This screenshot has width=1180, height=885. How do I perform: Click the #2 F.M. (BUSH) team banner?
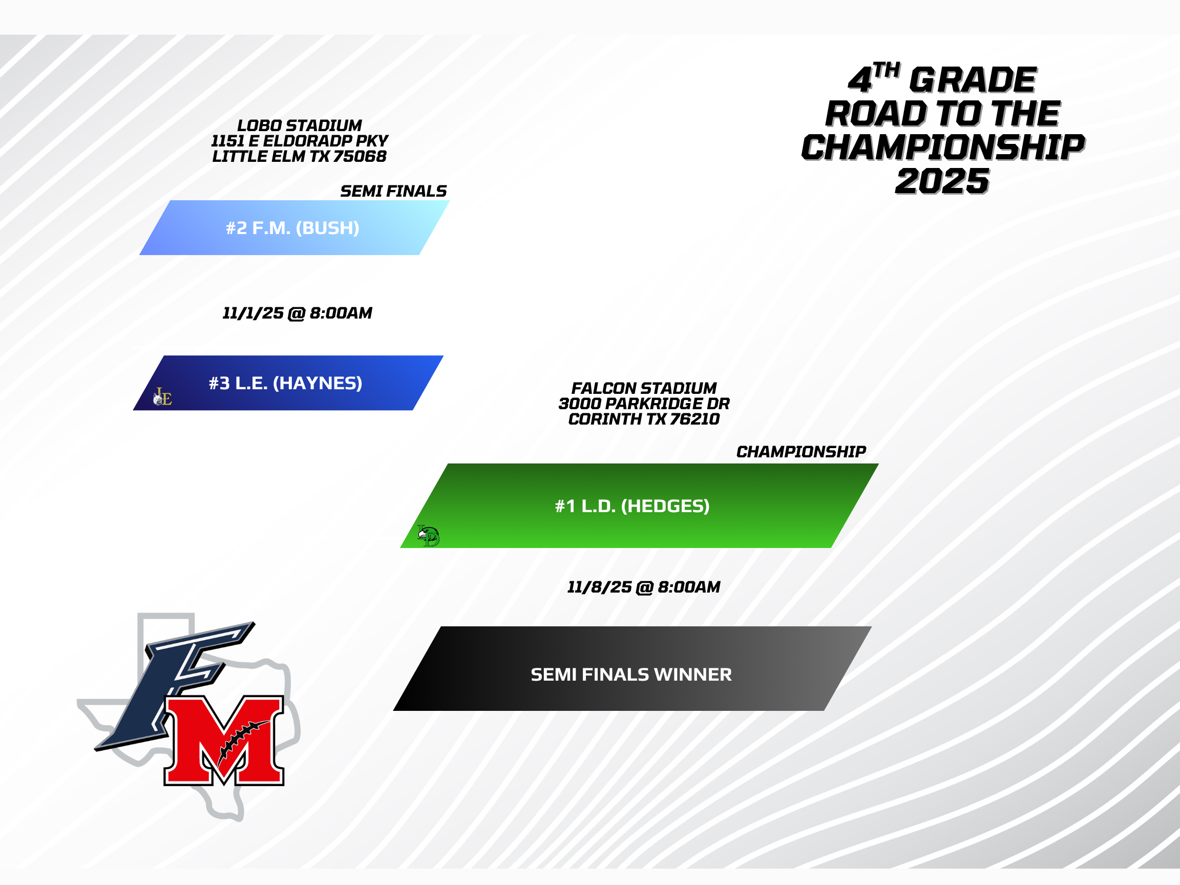294,228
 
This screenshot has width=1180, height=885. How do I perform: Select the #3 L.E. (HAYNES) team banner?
288,383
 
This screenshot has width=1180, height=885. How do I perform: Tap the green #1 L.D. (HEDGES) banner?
639,505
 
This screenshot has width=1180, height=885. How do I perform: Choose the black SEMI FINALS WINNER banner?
633,668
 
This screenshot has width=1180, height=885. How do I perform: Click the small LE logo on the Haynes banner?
163,397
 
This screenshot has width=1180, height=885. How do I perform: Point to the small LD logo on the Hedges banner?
428,536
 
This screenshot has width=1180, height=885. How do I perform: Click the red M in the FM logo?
224,741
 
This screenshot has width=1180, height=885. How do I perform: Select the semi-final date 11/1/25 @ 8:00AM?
297,313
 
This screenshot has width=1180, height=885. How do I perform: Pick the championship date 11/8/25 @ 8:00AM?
644,587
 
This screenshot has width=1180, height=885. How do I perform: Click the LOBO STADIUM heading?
299,125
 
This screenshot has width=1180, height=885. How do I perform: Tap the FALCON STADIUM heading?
644,388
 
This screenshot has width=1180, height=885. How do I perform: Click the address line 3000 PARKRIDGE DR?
644,404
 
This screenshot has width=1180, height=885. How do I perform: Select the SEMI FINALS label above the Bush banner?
393,191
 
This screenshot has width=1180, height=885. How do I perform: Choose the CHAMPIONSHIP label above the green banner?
801,452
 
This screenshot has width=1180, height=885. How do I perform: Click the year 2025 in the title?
942,181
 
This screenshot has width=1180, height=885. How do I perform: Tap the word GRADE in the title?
973,80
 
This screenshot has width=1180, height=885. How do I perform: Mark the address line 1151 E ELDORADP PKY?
299,141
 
